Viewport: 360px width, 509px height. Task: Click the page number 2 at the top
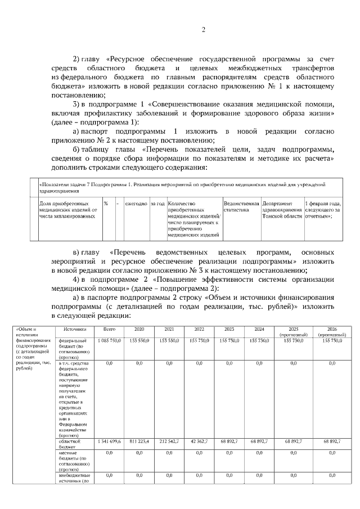click(203, 30)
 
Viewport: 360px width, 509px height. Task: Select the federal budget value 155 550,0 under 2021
click(169, 341)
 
